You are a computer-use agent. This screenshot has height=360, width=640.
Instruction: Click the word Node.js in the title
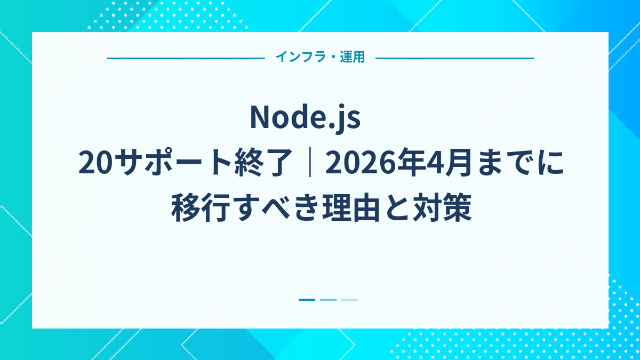305,118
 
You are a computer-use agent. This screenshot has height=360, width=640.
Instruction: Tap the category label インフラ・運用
320,58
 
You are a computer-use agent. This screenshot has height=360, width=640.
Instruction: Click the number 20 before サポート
94,163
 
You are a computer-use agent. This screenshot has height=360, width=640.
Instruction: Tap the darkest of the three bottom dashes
307,300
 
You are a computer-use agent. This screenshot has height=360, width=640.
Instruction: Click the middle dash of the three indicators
328,300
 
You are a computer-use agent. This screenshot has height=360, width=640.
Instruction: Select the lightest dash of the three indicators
349,300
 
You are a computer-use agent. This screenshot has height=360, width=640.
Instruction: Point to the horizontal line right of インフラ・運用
454,58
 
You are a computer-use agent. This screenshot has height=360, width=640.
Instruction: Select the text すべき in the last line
273,209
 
